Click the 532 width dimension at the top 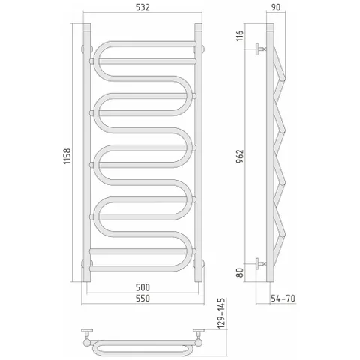(142, 7)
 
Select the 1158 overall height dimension (67, 156)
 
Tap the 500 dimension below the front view (142, 287)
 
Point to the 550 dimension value (142, 298)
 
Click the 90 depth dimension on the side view (276, 7)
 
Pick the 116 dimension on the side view (240, 36)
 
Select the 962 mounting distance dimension (240, 157)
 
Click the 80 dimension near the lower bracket (240, 272)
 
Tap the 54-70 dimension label (283, 298)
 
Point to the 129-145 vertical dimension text (221, 313)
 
